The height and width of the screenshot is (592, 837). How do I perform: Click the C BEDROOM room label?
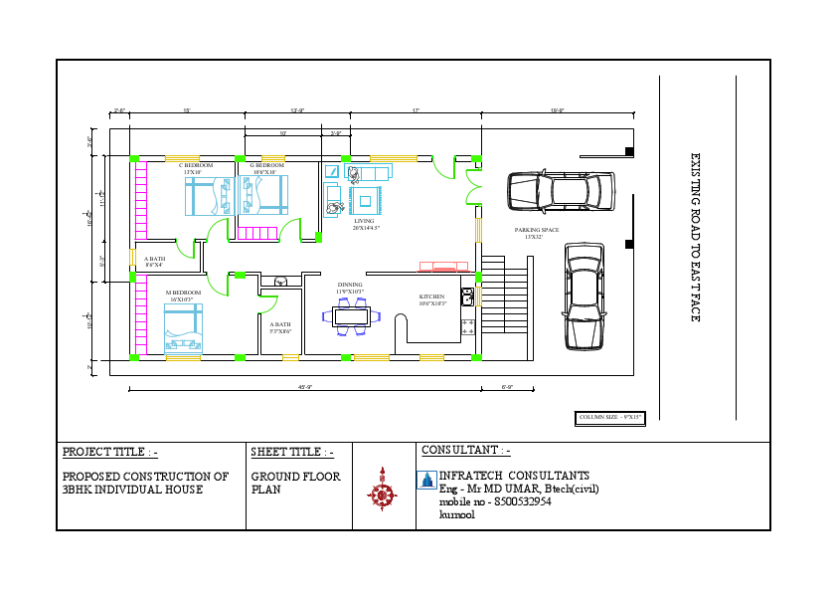[x=196, y=165]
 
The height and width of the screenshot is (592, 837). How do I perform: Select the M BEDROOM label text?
[x=183, y=293]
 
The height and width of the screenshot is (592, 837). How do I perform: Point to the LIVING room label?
[x=364, y=221]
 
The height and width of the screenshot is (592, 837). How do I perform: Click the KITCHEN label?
[x=432, y=296]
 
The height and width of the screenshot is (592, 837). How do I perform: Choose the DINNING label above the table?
[x=350, y=285]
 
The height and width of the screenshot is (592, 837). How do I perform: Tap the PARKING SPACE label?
[x=537, y=230]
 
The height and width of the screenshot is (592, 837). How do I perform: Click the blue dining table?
[x=352, y=317]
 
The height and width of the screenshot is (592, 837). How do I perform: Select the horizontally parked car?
[x=560, y=192]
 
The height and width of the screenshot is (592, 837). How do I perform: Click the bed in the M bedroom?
[x=183, y=329]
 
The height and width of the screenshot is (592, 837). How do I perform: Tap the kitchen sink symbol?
[x=466, y=296]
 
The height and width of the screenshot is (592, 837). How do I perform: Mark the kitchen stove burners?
[x=467, y=325]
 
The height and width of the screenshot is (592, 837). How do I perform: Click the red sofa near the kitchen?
[x=443, y=266]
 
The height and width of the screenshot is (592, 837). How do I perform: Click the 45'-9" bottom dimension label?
[x=305, y=386]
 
